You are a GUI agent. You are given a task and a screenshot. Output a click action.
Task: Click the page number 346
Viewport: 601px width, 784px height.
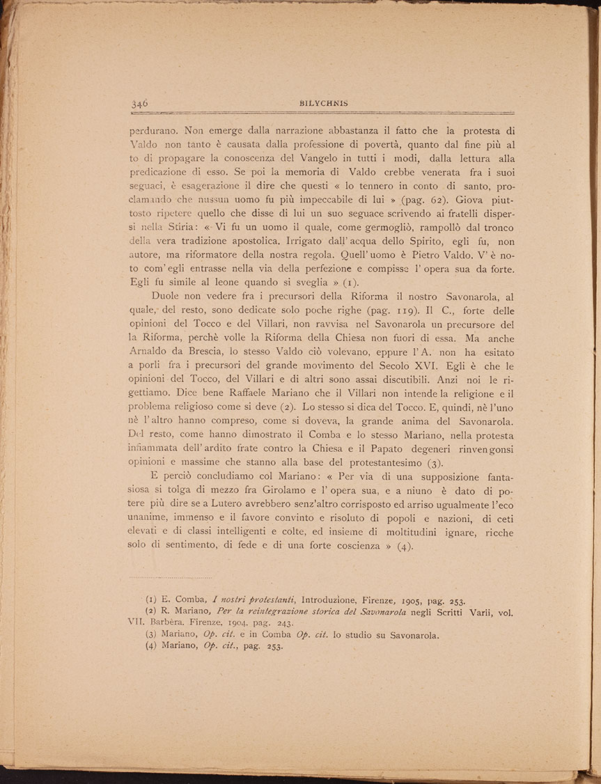pyautogui.click(x=139, y=103)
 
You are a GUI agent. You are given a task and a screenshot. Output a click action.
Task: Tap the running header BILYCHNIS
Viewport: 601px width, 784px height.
pyautogui.click(x=320, y=102)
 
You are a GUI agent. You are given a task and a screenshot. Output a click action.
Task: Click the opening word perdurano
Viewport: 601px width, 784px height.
pyautogui.click(x=155, y=129)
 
